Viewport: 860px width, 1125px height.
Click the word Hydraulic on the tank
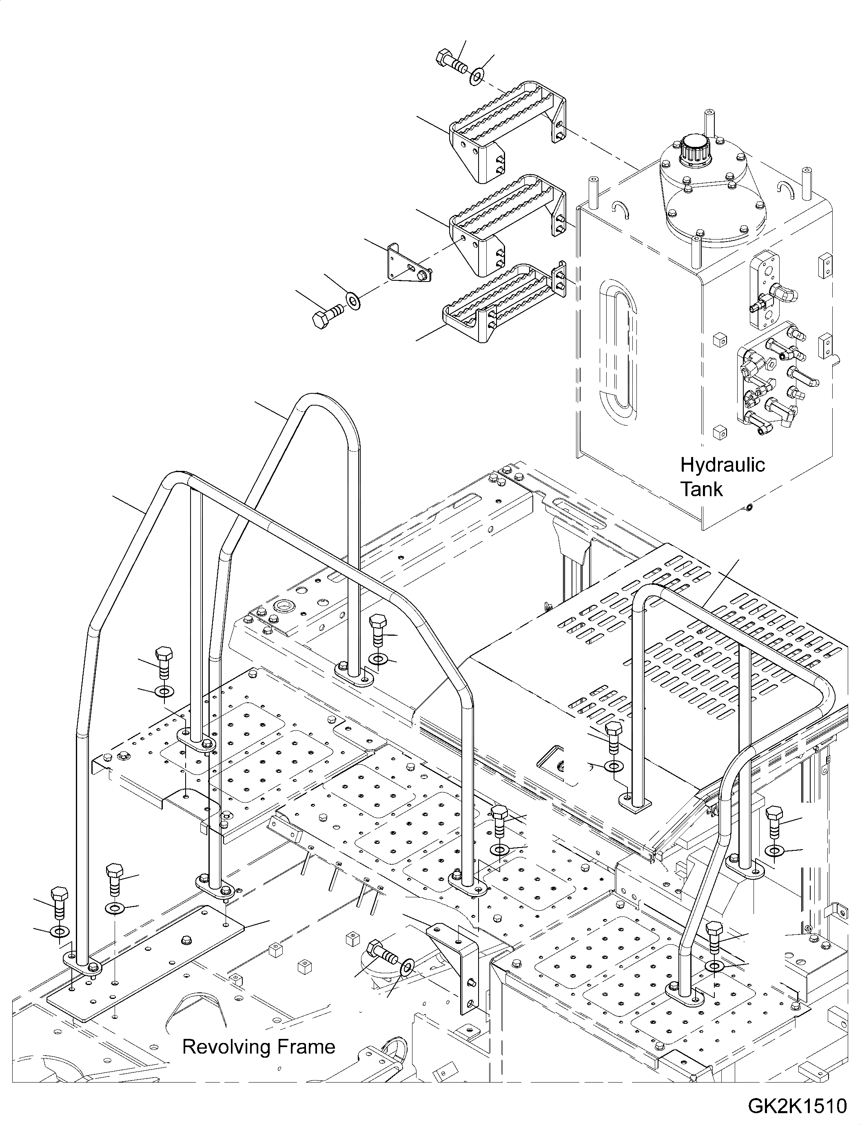722,466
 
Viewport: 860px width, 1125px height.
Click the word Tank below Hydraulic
701,490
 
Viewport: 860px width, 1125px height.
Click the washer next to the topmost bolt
477,77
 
